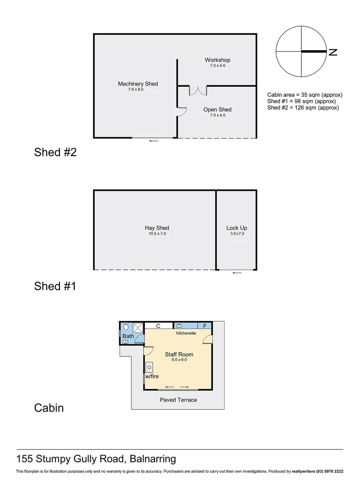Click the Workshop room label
pyautogui.click(x=217, y=60)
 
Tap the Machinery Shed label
pyautogui.click(x=138, y=84)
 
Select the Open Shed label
pyautogui.click(x=217, y=110)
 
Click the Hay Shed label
pyautogui.click(x=156, y=228)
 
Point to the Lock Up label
pyautogui.click(x=236, y=228)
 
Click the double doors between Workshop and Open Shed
pyautogui.click(x=198, y=90)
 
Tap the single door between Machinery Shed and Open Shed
pyautogui.click(x=181, y=112)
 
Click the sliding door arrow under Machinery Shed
pyautogui.click(x=154, y=141)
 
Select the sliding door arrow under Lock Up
pyautogui.click(x=237, y=273)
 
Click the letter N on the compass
pyautogui.click(x=333, y=52)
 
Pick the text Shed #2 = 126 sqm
pyautogui.click(x=303, y=108)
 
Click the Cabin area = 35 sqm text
pyautogui.click(x=304, y=95)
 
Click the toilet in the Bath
pyautogui.click(x=126, y=327)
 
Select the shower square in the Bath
pyautogui.click(x=139, y=328)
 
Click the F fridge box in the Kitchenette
pyautogui.click(x=205, y=326)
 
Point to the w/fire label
pyautogui.click(x=151, y=376)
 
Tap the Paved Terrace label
pyautogui.click(x=178, y=400)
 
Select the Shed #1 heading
pyautogui.click(x=55, y=286)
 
